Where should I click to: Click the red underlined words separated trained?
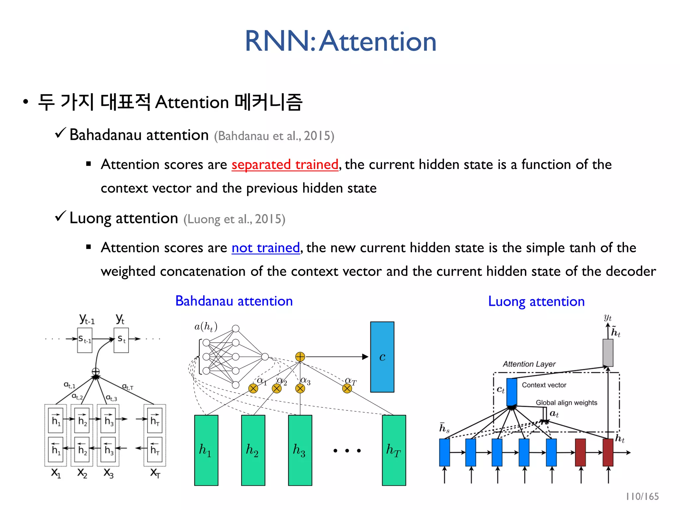click(285, 164)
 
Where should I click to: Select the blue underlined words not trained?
click(266, 248)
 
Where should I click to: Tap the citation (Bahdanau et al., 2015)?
click(274, 136)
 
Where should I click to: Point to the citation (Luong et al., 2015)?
click(234, 219)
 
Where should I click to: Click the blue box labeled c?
click(382, 357)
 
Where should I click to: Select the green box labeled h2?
click(253, 450)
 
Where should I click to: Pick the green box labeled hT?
click(394, 450)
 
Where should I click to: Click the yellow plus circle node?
click(300, 357)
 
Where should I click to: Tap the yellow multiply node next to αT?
click(347, 388)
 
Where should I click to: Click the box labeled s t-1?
click(85, 340)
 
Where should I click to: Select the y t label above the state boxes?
click(120, 319)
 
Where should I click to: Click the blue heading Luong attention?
click(536, 301)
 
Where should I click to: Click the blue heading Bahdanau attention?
click(234, 301)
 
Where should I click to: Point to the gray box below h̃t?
click(608, 353)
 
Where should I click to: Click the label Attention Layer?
click(529, 364)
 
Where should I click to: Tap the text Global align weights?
click(566, 403)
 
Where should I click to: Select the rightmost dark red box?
click(608, 452)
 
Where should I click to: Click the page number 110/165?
click(642, 496)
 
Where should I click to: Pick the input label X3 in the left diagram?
click(108, 473)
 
